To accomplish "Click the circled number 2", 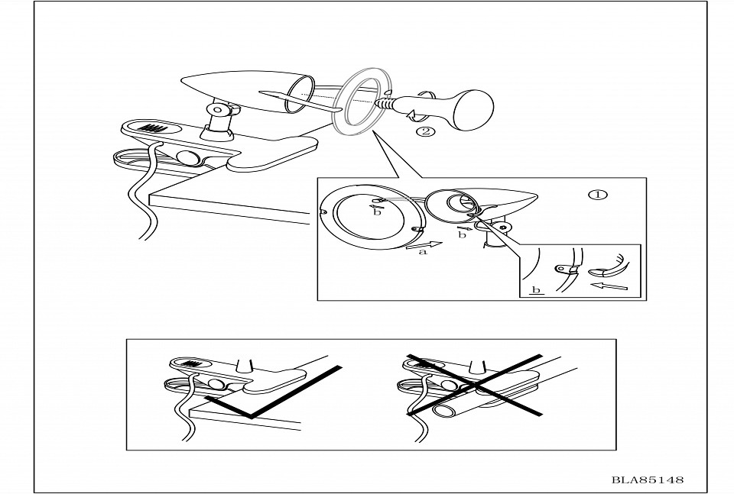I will (x=426, y=131).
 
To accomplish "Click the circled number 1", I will (x=598, y=194).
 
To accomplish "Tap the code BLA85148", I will (x=647, y=480).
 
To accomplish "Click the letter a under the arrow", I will (x=422, y=255).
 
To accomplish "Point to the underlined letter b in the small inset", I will (x=536, y=290).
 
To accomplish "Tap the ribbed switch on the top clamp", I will (x=154, y=128).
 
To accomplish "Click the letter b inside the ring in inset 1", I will (x=377, y=211).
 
